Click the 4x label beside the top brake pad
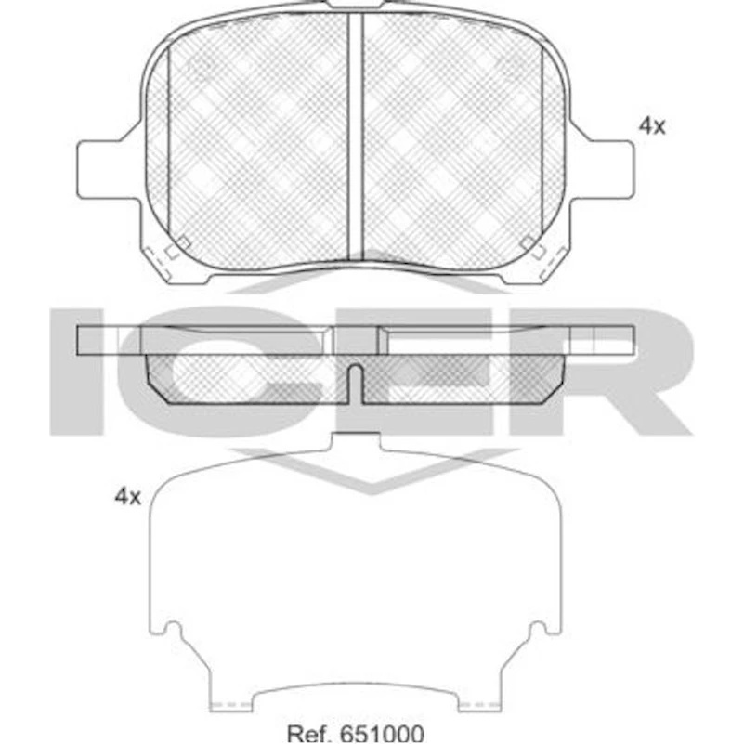(652, 126)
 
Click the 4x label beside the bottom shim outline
(127, 497)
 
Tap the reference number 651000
(382, 734)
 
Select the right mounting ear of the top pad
(602, 169)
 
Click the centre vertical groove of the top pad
(356, 137)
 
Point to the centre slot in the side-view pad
(356, 385)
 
